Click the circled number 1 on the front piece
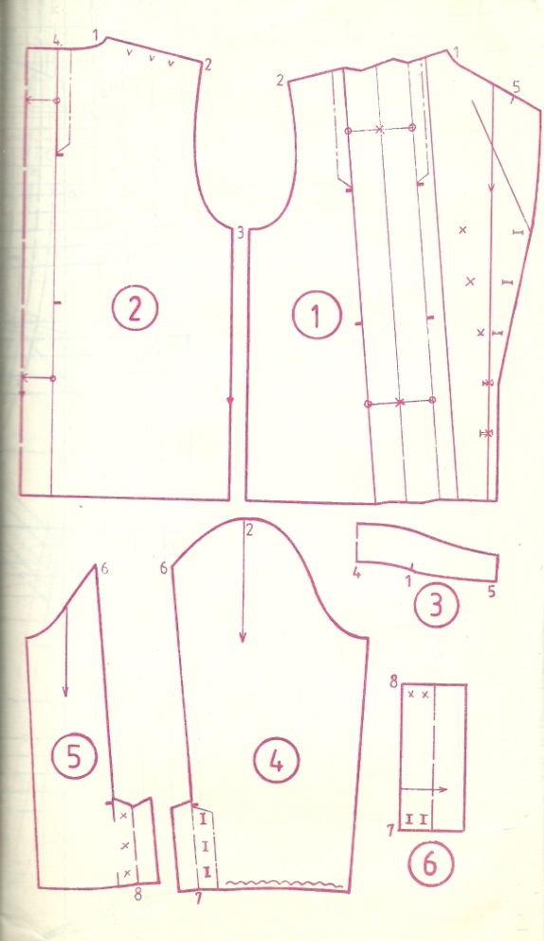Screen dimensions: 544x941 coord(317,317)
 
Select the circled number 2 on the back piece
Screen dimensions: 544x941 coord(135,309)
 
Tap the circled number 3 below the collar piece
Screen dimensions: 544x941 coord(437,605)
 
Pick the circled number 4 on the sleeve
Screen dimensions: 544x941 coord(276,761)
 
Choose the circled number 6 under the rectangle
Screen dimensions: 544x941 coord(430,866)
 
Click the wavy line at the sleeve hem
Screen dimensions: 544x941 coord(283,883)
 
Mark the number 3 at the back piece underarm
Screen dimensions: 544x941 coord(240,232)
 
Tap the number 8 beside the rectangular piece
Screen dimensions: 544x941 coord(395,683)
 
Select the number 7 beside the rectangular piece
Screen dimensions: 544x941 coord(390,830)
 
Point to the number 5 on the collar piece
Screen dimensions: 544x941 coord(491,591)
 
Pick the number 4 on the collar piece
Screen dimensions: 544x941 coord(356,573)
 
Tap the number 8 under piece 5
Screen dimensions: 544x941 coord(138,895)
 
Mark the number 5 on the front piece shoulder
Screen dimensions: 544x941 coord(517,87)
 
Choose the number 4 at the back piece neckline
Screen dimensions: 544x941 coord(57,41)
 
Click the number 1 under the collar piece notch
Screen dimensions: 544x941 coord(408,580)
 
